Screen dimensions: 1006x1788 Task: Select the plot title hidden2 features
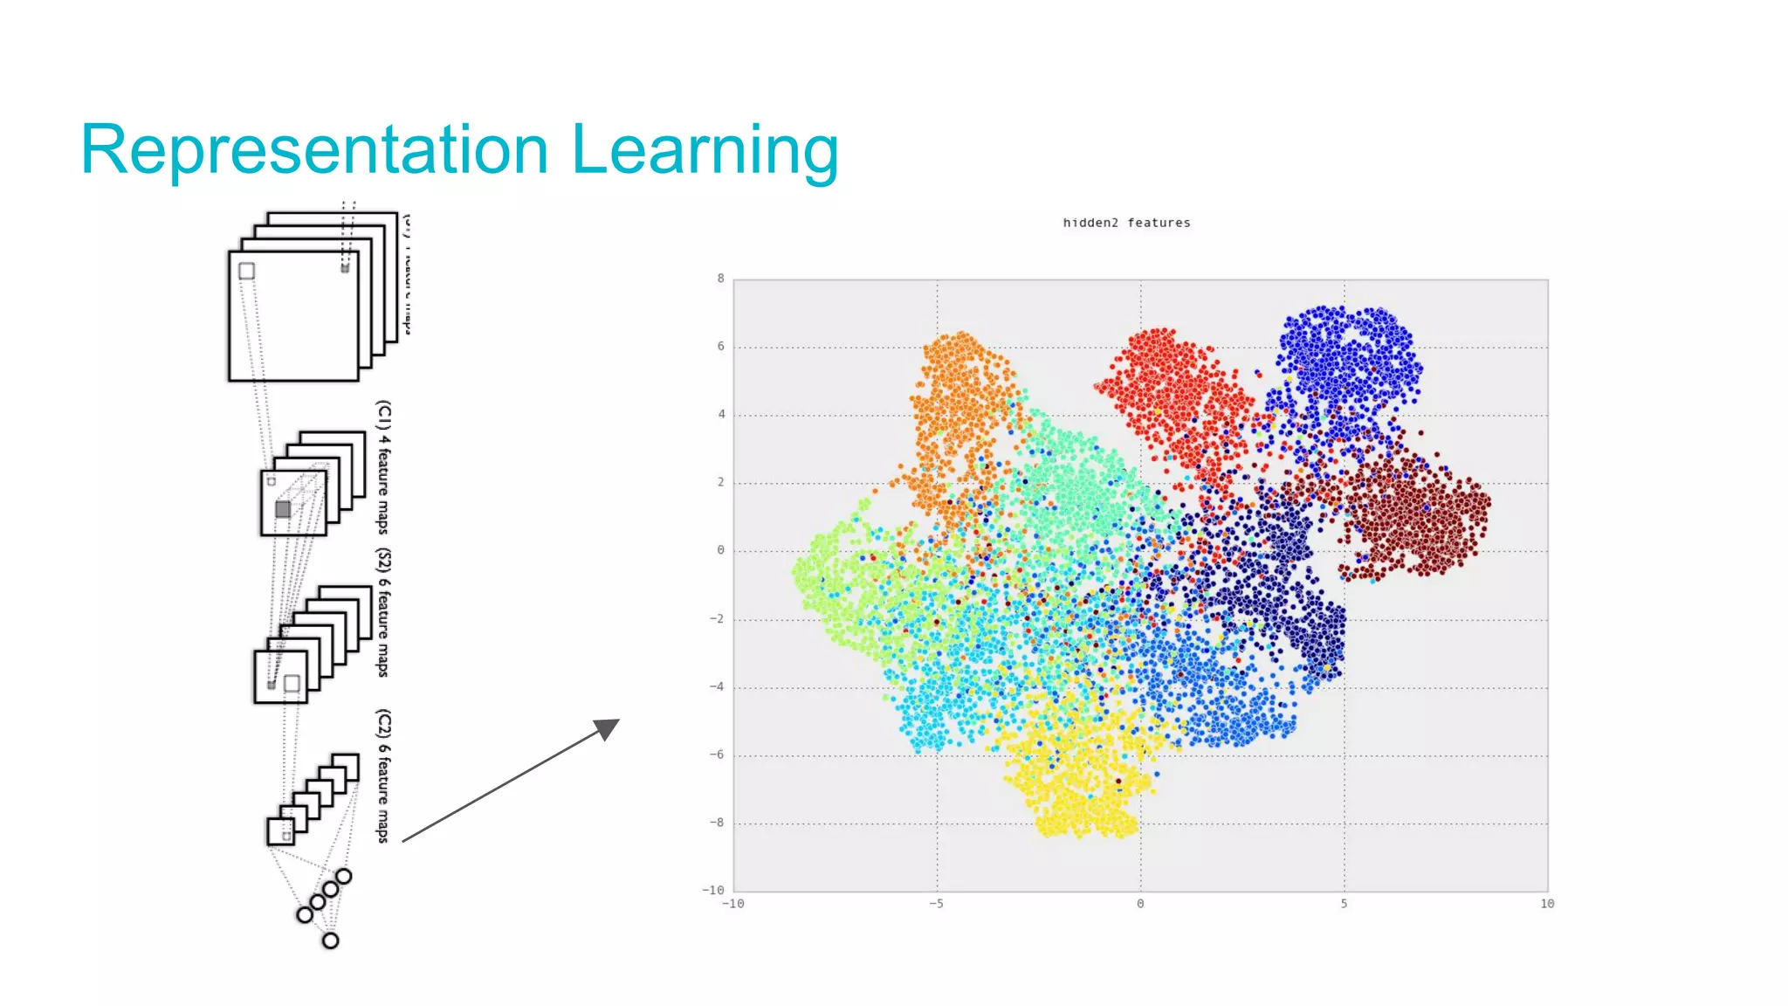1126,223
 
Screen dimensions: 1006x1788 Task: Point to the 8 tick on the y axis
720,279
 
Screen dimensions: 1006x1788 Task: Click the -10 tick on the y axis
713,890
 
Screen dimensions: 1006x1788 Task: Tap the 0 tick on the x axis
1140,904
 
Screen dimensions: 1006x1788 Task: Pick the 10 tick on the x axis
1547,904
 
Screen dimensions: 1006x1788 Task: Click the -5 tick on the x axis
936,904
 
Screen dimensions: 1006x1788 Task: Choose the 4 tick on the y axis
721,414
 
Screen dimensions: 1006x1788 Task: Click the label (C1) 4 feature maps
383,467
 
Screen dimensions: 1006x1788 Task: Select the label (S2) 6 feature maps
383,613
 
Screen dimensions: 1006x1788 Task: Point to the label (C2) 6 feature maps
383,775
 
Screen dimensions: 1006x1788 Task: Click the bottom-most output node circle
330,941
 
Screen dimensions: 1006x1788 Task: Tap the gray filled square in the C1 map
283,508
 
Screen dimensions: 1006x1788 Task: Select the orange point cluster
960,402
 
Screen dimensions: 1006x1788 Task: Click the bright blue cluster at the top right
1344,358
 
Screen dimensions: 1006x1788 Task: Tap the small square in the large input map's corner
247,271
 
